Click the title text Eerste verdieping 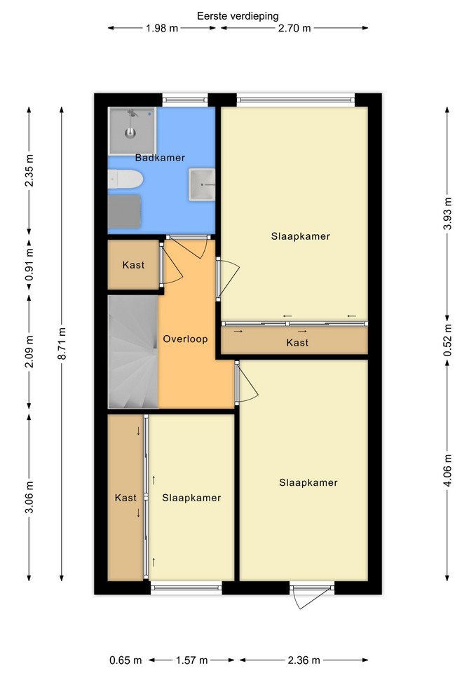pos(238,16)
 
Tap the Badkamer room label pos(160,158)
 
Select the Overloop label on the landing pos(185,339)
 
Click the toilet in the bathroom pos(125,179)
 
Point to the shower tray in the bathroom pos(132,131)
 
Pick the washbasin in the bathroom pos(202,184)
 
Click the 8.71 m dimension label pos(62,344)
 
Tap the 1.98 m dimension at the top pos(162,28)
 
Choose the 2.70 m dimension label pos(294,28)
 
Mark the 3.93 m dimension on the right pos(447,213)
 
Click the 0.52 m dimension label pos(447,340)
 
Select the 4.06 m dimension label pos(447,470)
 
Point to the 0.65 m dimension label pos(125,660)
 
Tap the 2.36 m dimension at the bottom pos(304,660)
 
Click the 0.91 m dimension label pos(29,265)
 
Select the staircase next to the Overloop pos(133,351)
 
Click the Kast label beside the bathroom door pos(133,265)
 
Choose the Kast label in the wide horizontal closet pos(297,343)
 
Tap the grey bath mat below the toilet pos(125,212)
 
